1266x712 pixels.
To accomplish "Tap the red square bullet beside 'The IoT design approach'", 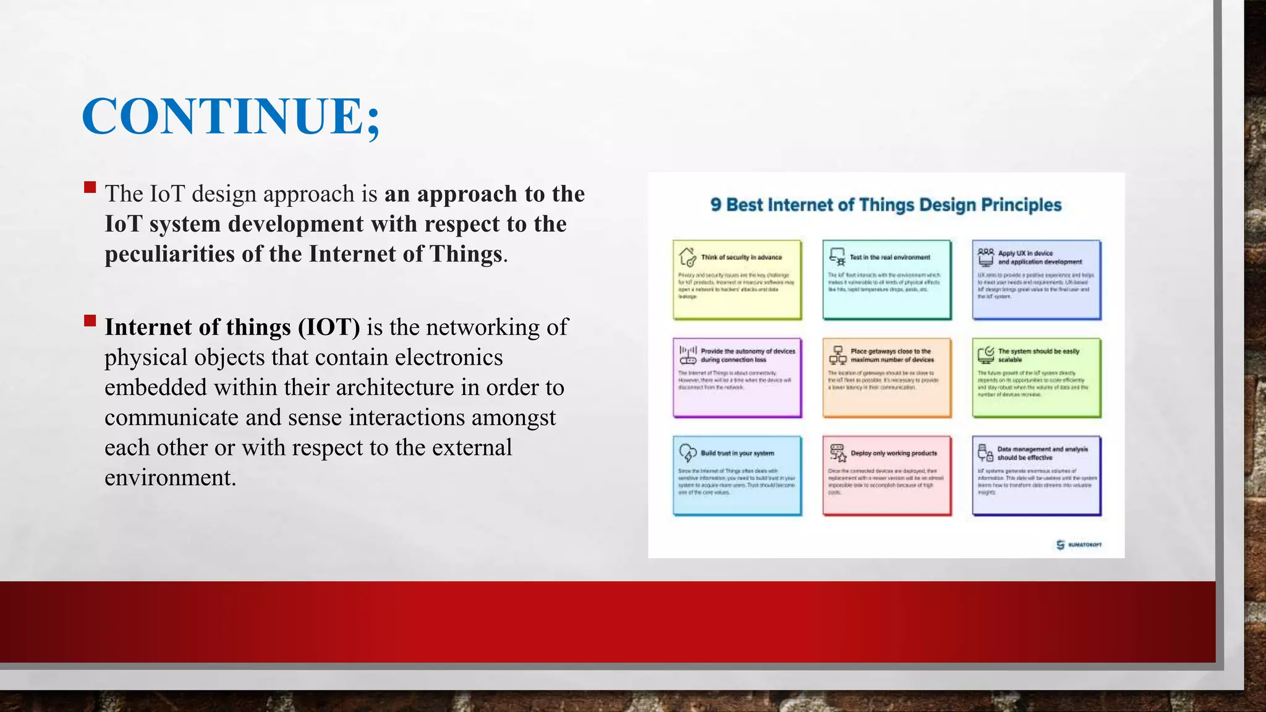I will point(90,187).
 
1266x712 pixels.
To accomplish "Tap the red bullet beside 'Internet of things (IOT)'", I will point(90,321).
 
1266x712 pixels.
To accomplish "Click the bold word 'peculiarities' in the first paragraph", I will point(170,254).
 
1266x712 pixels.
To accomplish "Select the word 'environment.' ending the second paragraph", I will point(170,478).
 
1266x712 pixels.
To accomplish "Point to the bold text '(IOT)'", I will point(329,327).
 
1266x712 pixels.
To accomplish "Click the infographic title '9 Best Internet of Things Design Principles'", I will point(885,205).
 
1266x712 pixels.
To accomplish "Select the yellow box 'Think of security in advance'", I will point(737,280).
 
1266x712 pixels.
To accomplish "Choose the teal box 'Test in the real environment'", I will point(886,280).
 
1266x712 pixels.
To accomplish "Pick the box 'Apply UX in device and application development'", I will point(1036,280).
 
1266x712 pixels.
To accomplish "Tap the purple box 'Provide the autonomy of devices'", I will point(737,378).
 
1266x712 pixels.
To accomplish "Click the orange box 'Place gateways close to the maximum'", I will point(886,378).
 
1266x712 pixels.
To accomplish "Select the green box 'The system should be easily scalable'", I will point(1036,378).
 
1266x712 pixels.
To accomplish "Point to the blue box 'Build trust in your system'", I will point(737,475).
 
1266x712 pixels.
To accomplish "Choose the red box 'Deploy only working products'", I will point(886,475).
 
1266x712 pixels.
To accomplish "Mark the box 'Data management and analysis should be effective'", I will point(1036,475).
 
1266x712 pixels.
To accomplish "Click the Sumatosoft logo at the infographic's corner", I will point(1079,545).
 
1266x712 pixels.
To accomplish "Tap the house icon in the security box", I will point(687,257).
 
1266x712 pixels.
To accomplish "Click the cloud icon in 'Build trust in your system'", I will point(687,453).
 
